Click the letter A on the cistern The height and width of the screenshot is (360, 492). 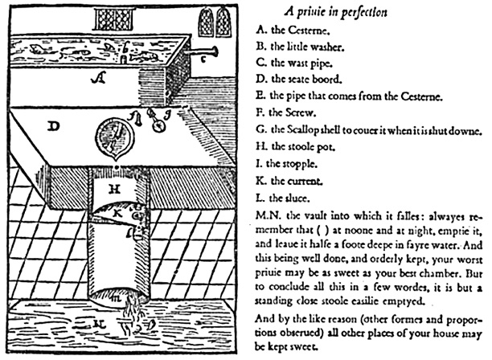click(98, 77)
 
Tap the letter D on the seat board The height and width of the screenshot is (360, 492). click(54, 127)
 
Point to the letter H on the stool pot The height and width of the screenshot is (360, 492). click(114, 190)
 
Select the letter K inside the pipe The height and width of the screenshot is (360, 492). click(117, 213)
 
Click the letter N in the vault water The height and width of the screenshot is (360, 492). click(99, 323)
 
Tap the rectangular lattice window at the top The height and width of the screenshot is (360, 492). click(114, 18)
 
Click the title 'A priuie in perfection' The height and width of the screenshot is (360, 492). click(336, 12)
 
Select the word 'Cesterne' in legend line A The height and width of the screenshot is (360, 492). click(308, 30)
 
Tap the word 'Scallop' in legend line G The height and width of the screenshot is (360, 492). click(302, 130)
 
